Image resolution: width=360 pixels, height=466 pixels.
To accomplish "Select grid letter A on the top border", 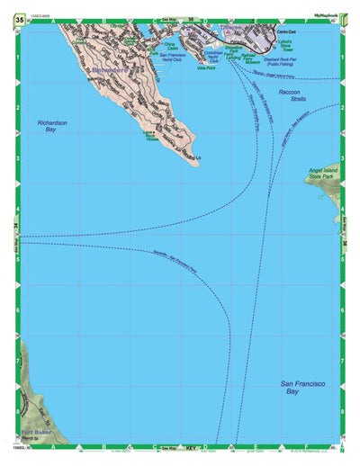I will (x=56, y=20).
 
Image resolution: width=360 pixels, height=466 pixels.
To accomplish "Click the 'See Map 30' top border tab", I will (x=181, y=20).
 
